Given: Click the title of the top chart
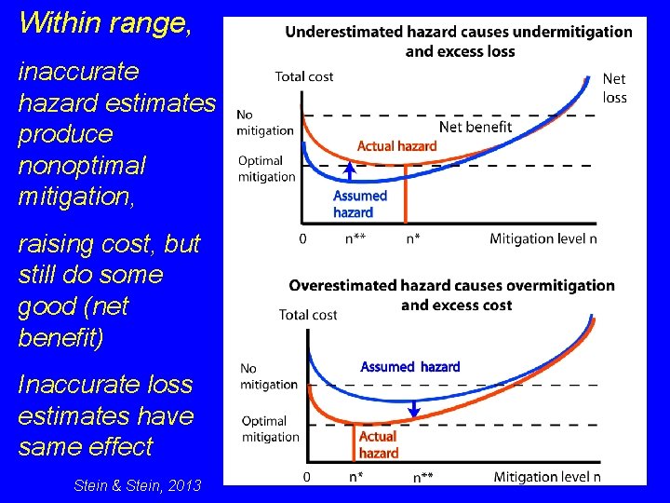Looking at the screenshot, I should tap(459, 41).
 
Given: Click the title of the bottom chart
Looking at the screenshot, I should tap(452, 295).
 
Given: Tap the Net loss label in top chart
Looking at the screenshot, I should tap(614, 88).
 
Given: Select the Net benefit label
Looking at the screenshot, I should tap(476, 127).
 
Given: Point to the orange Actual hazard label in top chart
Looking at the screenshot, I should tap(397, 146).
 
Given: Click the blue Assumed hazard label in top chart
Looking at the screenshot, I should tap(359, 204).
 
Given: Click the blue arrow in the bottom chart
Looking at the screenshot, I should tap(414, 409).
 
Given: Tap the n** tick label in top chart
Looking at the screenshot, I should tap(355, 238).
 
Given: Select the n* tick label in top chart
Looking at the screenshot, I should tap(413, 238).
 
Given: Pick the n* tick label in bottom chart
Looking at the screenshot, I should tap(355, 477).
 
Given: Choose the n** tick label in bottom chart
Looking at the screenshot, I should tap(423, 477).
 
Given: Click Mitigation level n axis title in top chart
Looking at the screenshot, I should tap(543, 238).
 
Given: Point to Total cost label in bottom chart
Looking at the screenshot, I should tap(308, 315).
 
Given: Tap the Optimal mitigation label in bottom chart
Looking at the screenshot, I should tap(270, 428).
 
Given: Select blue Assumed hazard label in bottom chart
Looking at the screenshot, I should tap(410, 367).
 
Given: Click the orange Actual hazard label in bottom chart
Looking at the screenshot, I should tap(379, 444).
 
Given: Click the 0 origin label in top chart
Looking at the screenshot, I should tap(303, 238).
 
